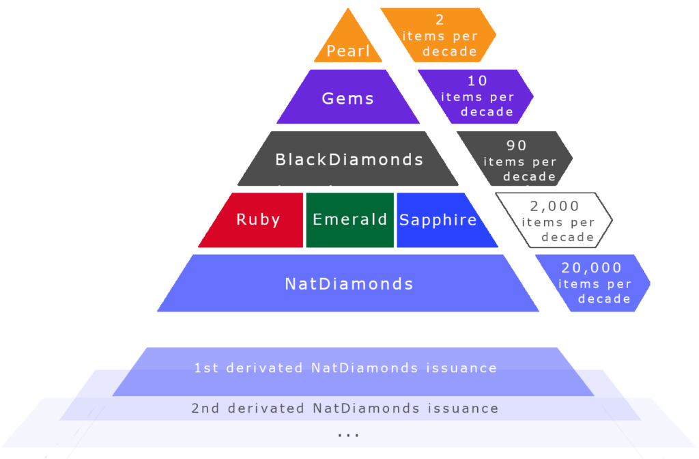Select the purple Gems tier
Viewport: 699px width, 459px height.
coord(348,98)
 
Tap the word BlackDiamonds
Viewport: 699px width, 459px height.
coord(349,160)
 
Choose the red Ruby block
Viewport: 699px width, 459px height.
coord(257,219)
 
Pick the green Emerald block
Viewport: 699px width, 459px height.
coord(349,219)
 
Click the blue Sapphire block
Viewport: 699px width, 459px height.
coord(438,220)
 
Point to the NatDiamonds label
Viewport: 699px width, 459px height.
coord(349,283)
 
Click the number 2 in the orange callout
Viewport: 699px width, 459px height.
coord(440,20)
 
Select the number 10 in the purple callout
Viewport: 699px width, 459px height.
coord(478,81)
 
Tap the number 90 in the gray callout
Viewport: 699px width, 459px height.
coord(517,145)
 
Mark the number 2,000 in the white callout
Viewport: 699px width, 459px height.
coord(554,206)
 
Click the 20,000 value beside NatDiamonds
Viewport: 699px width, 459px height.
coord(591,268)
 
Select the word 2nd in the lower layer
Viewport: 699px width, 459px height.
coord(204,408)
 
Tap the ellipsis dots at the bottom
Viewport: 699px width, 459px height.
coord(348,434)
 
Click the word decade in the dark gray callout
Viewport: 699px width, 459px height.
coord(529,177)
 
